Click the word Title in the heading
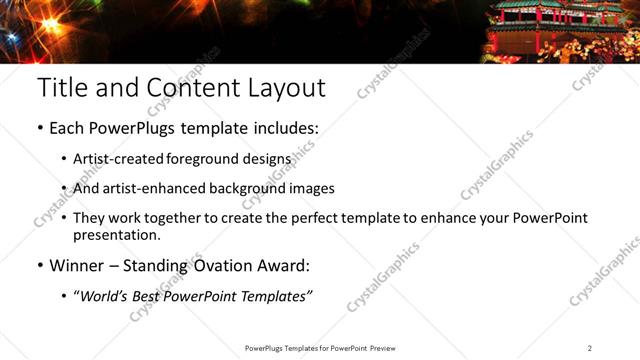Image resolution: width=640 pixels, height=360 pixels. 62,88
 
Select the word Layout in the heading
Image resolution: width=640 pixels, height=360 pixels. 284,88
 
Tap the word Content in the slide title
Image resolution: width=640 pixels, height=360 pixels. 189,88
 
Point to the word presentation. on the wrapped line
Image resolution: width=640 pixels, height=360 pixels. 116,236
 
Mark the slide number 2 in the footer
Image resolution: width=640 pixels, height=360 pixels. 590,348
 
